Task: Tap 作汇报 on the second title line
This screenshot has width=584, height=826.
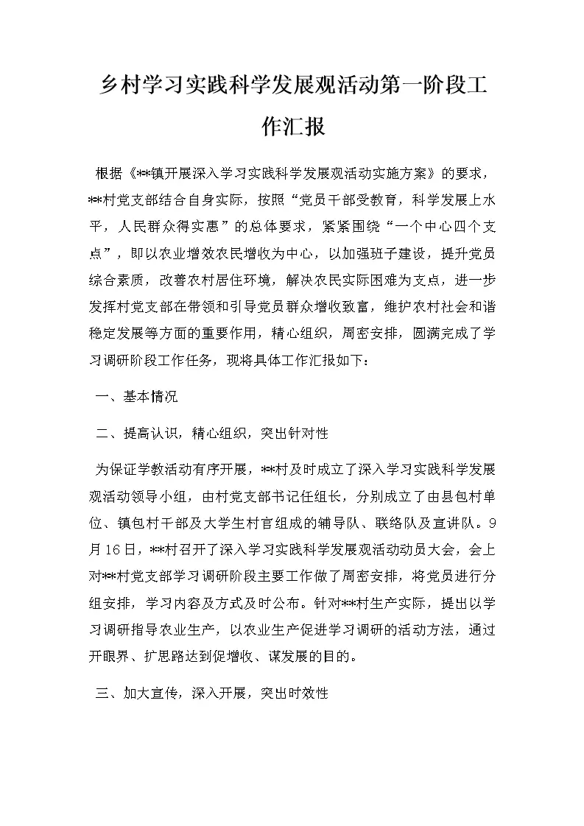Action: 292,127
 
